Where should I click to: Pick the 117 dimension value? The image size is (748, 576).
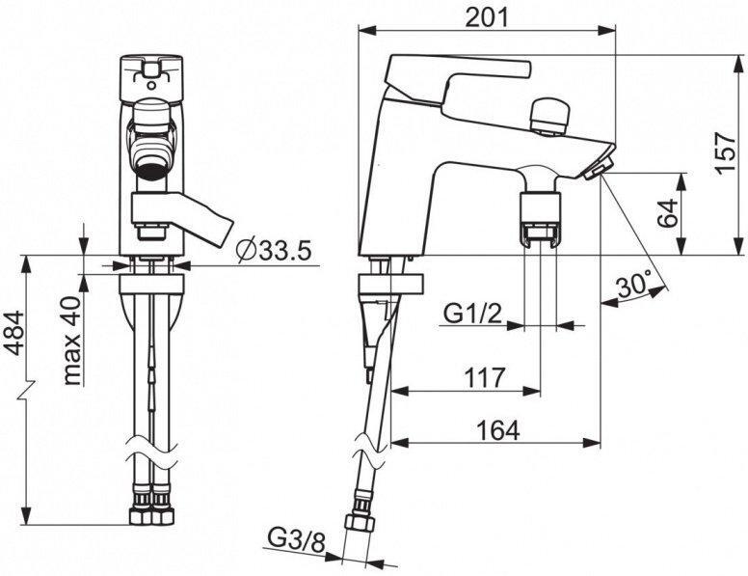485,376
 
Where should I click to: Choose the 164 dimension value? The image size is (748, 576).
498,429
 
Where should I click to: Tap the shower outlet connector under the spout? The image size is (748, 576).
543,219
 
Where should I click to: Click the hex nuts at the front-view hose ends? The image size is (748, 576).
151,509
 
